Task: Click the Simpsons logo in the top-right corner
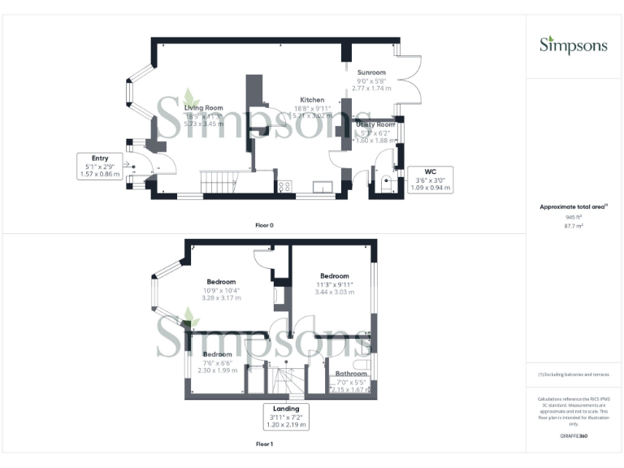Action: coord(574,45)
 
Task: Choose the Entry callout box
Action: coord(100,166)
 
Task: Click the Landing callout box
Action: coord(285,416)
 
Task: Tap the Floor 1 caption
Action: coord(263,444)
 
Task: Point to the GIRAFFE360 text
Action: coord(574,436)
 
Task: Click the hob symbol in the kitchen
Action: coord(285,186)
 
